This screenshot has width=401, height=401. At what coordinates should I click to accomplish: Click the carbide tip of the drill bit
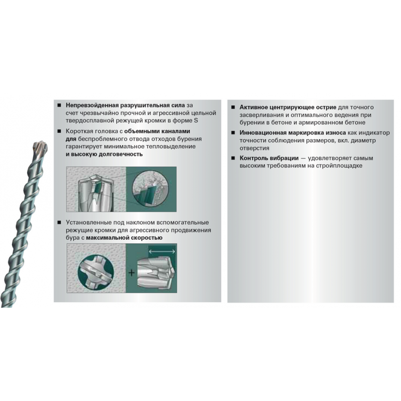[x=40, y=147]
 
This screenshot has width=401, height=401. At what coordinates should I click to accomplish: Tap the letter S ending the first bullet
[x=196, y=120]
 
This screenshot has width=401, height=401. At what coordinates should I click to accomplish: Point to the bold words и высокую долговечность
[x=104, y=154]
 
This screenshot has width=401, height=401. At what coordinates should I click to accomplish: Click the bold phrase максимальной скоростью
[x=124, y=238]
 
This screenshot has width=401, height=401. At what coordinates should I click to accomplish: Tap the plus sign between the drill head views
[x=132, y=273]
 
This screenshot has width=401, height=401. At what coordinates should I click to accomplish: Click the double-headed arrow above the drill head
[x=162, y=252]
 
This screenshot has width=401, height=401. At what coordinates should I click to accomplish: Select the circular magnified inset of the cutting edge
[x=151, y=189]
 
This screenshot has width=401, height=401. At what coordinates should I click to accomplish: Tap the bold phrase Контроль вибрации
[x=269, y=158]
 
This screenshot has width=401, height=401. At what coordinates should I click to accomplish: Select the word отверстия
[x=255, y=148]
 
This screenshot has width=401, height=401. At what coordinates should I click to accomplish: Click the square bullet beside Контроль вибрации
[x=233, y=158]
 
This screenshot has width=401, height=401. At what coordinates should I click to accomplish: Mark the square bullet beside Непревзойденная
[x=59, y=105]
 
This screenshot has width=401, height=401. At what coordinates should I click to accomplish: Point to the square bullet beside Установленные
[x=59, y=223]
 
